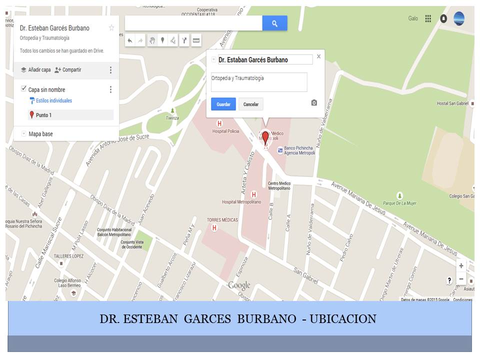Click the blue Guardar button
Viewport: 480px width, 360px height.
223,104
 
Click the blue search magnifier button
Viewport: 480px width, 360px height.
274,23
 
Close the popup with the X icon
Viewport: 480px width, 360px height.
318,57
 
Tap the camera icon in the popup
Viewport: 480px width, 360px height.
314,102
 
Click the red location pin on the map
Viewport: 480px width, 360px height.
265,137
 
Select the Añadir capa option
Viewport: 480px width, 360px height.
35,70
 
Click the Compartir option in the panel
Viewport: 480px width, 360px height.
68,70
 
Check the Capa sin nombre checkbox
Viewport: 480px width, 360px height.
23,89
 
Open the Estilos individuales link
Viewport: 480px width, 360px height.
53,101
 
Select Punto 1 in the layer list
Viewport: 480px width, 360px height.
43,115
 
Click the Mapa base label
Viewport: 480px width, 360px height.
40,134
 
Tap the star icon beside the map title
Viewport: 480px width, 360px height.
111,28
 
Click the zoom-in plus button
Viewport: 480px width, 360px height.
461,266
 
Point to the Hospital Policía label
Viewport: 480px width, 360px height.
225,131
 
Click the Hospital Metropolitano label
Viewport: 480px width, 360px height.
241,202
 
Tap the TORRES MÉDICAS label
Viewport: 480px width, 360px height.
222,220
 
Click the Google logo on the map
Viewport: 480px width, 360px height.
239,285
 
